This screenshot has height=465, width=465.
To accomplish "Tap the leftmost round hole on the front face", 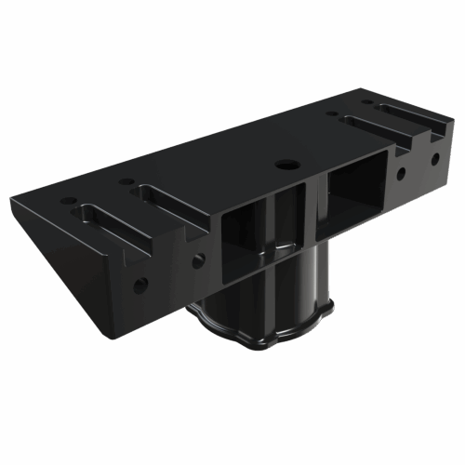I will (139, 286).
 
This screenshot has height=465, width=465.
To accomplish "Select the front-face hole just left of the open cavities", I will (198, 261).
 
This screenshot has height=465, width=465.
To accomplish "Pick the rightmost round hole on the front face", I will (434, 158).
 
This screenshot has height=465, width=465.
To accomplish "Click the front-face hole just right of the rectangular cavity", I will (402, 173).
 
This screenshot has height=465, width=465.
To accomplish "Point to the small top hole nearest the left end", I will (68, 200).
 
